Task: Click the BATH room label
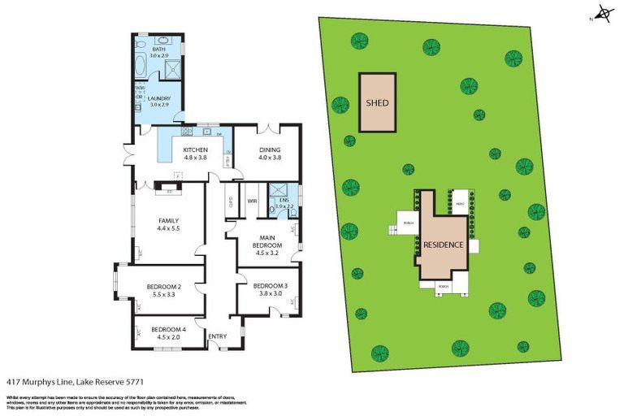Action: [x=158, y=50]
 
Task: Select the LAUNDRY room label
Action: [x=159, y=99]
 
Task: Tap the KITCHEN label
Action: [x=196, y=150]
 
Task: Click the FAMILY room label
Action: [x=167, y=221]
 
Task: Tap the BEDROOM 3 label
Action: [x=269, y=286]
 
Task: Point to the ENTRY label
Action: [x=218, y=336]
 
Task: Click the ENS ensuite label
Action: [x=282, y=201]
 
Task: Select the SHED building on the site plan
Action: [x=377, y=103]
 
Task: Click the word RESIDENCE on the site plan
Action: [x=443, y=245]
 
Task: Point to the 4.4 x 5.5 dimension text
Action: [x=167, y=231]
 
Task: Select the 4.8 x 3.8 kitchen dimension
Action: [x=196, y=159]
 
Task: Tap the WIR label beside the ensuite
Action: [x=253, y=200]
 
